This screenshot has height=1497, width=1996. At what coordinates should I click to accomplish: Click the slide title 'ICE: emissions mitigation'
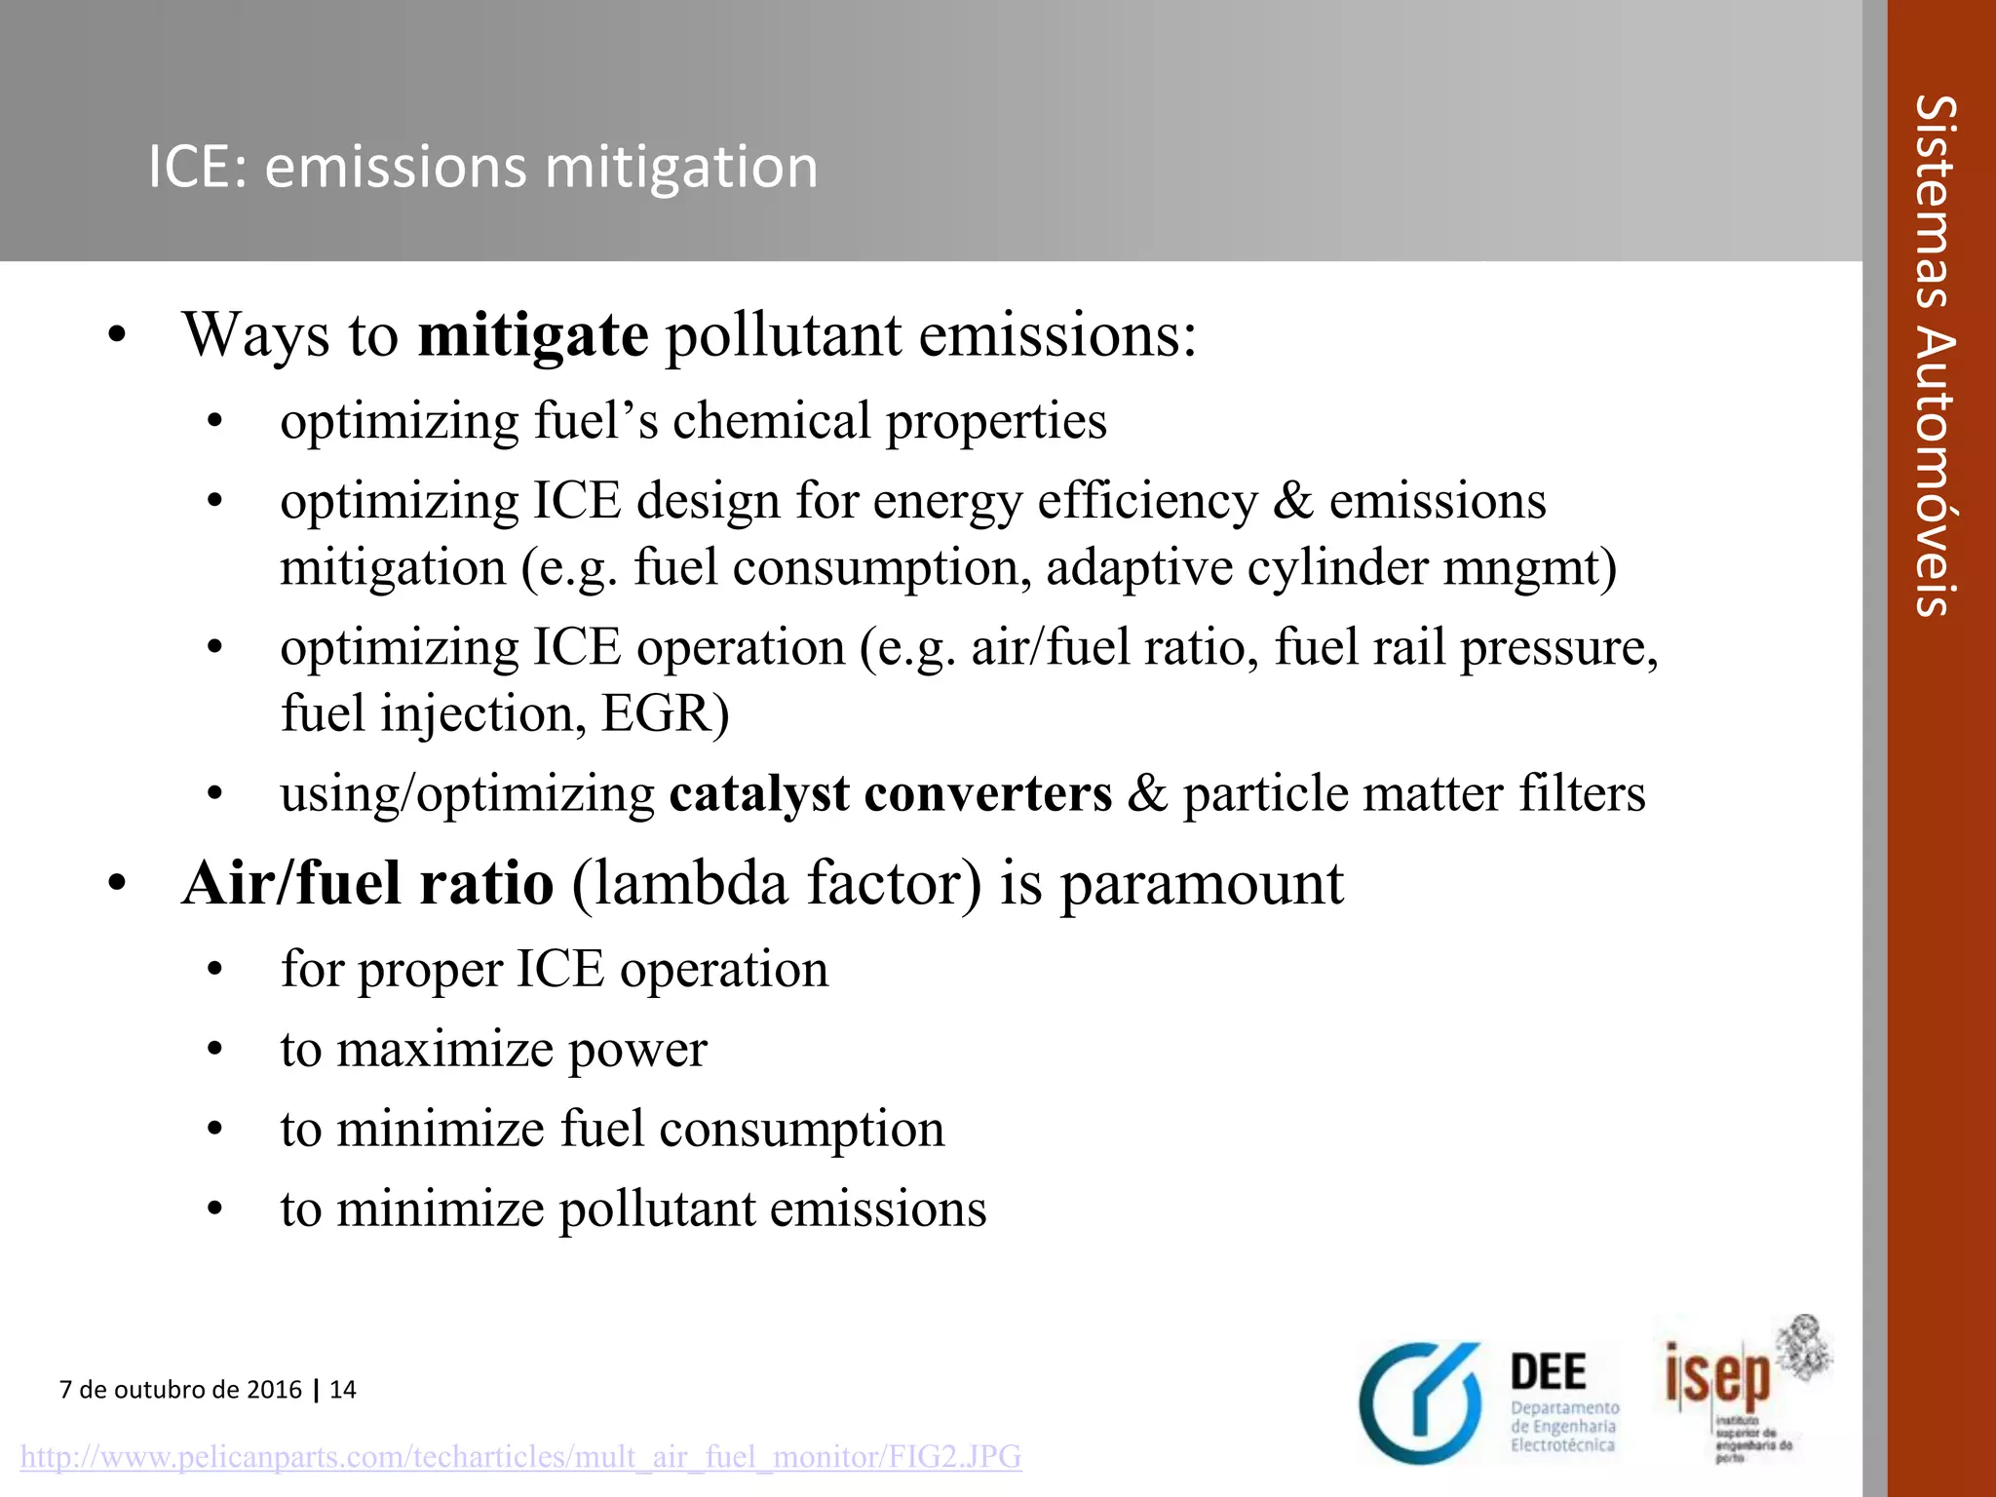(x=482, y=167)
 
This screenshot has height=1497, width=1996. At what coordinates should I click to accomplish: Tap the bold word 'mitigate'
(x=532, y=334)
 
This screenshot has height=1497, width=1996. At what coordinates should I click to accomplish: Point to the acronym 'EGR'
(x=658, y=713)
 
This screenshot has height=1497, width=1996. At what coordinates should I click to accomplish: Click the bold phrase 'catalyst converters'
(x=890, y=793)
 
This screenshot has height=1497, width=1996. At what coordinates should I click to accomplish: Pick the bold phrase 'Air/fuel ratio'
(x=368, y=883)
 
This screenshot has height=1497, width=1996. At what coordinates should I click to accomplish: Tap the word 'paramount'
(x=1202, y=885)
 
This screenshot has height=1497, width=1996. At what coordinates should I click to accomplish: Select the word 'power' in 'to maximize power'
(x=637, y=1051)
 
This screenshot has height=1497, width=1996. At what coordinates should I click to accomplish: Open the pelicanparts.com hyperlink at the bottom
(x=520, y=1457)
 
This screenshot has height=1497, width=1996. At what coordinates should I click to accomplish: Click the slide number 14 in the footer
(x=343, y=1389)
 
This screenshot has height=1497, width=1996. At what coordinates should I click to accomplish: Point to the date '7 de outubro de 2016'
(x=180, y=1389)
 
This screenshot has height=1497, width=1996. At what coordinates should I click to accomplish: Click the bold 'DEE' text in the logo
(x=1548, y=1372)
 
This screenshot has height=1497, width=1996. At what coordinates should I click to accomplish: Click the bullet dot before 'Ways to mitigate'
(x=118, y=336)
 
